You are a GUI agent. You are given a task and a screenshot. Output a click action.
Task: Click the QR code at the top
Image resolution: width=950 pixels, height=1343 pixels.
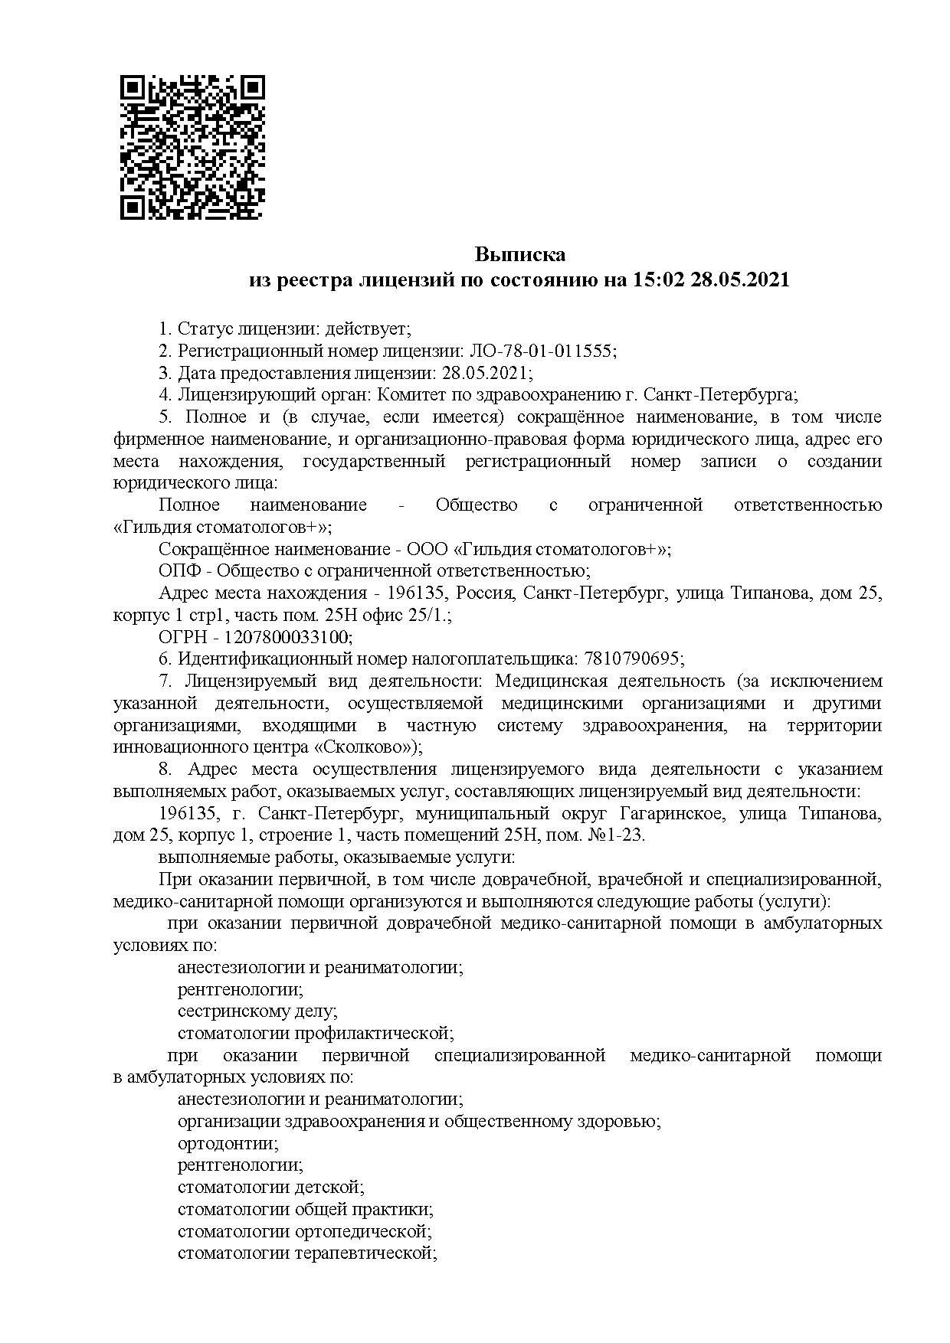click(192, 148)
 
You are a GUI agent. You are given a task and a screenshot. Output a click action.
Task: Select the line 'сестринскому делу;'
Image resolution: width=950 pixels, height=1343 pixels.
click(257, 1011)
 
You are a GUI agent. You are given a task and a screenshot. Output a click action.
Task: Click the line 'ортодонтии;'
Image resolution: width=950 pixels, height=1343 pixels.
click(228, 1143)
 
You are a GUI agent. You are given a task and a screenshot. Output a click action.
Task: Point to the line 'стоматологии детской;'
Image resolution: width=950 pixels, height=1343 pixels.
click(270, 1188)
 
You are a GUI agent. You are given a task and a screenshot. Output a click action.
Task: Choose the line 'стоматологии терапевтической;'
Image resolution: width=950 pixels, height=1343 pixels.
click(306, 1253)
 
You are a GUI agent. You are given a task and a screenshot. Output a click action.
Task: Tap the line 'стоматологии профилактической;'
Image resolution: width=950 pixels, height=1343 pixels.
click(316, 1033)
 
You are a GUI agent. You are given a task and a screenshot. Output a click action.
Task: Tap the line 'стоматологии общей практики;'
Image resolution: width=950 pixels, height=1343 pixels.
click(305, 1210)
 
